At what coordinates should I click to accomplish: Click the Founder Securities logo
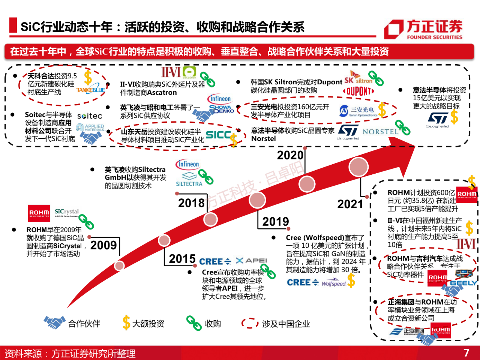coord(424,30)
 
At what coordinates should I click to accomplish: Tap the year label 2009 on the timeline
coord(103,245)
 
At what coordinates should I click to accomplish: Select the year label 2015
coord(182,259)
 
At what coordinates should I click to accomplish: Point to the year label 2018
coord(191,203)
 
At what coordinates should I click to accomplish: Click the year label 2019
coord(275,222)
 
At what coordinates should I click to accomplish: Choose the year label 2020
coord(290,155)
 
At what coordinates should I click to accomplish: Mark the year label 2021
coord(350,204)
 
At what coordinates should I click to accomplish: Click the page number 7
coord(466,353)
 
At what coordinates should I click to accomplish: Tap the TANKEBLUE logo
coord(91,90)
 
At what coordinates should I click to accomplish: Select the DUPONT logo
coord(358,91)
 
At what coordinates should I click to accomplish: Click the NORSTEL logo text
coord(380,132)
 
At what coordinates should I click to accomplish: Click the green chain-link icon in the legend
coord(194,323)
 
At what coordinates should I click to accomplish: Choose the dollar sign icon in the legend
coord(126,323)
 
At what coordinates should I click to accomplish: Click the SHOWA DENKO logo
coord(222,109)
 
